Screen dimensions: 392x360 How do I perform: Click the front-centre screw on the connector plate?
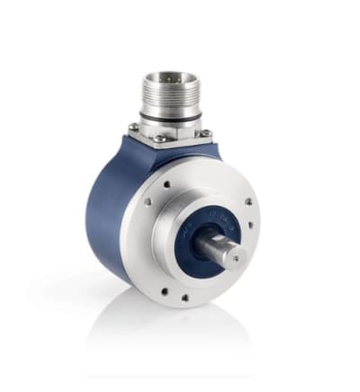click(159, 139)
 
